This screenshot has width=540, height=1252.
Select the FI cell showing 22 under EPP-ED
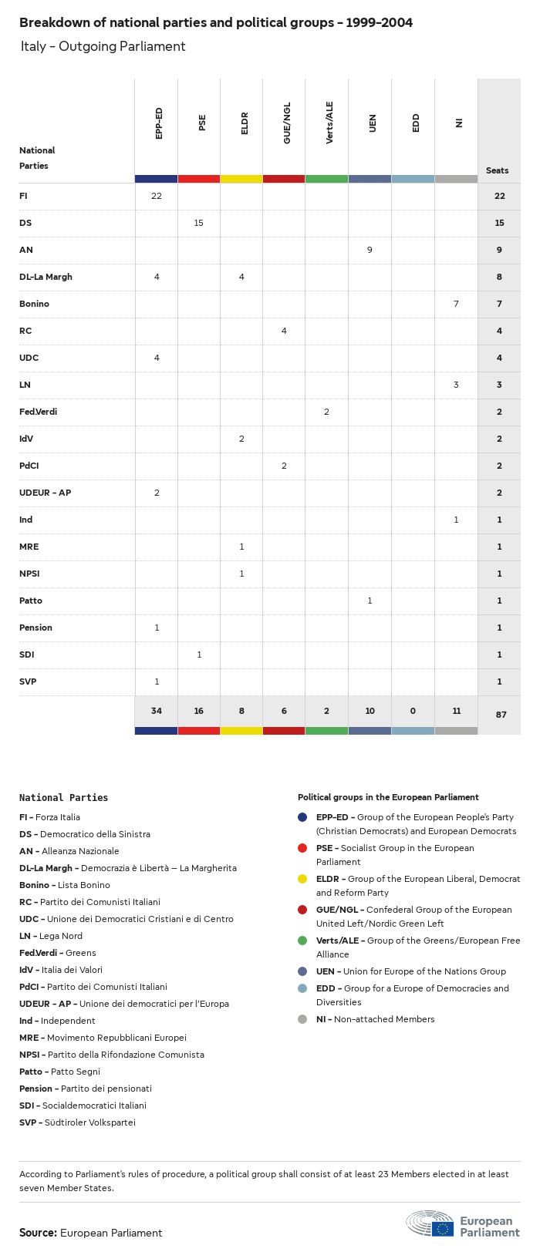coord(157,196)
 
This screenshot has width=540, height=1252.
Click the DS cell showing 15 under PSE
coord(199,223)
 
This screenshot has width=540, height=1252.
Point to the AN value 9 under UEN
coord(370,250)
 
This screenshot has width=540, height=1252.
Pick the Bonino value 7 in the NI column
coord(456,304)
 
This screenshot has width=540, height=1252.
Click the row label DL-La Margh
coord(46,277)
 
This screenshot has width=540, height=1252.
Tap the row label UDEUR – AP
coord(45,493)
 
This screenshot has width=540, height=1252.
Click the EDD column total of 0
coord(413,711)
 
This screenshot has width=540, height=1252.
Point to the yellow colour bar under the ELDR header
coord(241,179)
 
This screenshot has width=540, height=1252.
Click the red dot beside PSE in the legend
coord(302,848)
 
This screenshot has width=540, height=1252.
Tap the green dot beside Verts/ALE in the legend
coord(302,941)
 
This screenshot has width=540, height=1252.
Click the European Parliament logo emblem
coord(430,1223)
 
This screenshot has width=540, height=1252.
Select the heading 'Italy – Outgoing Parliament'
coord(103,46)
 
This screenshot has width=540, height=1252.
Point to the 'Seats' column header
coord(498,170)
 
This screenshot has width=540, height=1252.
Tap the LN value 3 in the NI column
coord(456,385)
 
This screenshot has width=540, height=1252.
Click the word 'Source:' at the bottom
coord(38,1233)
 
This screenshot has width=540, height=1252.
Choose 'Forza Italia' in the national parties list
coord(58,817)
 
